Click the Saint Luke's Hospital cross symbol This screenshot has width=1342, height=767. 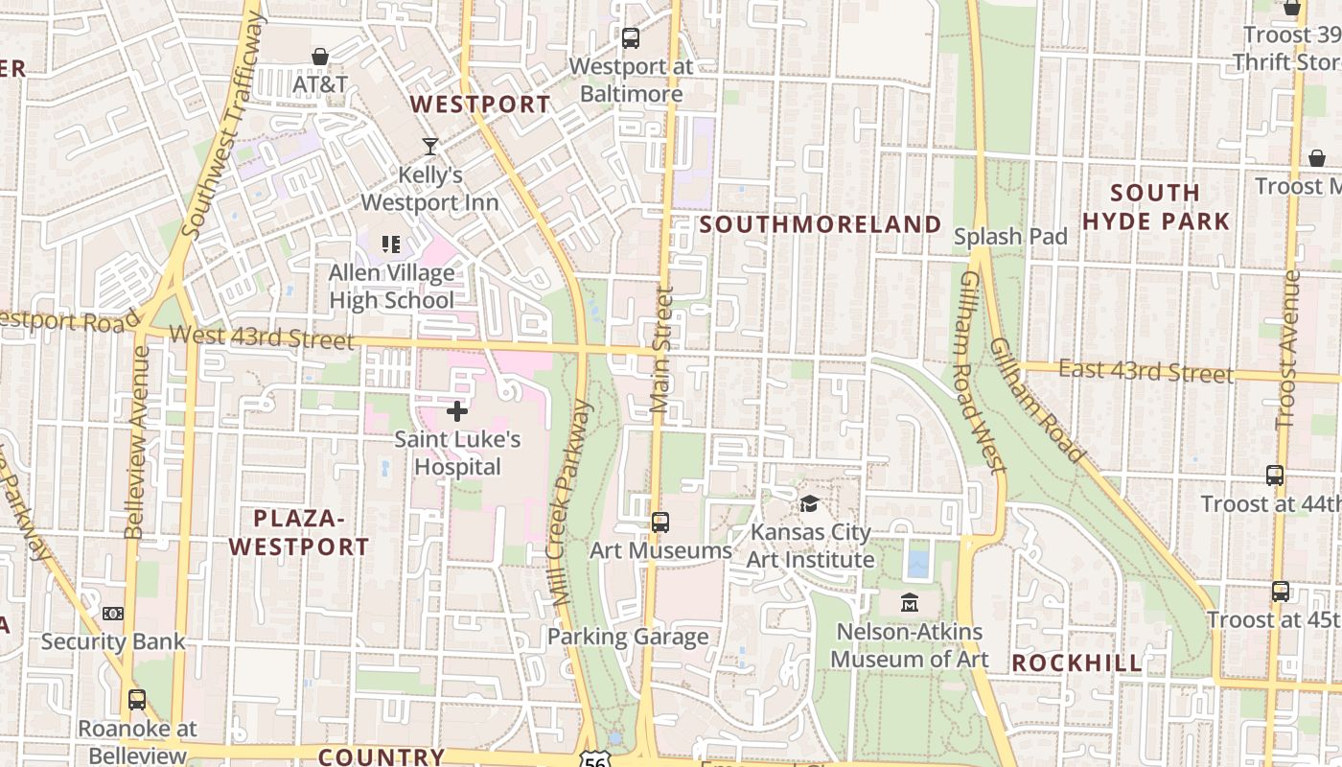coord(457,411)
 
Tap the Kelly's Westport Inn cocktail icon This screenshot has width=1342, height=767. coord(430,147)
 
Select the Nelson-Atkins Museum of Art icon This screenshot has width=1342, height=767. coord(909,603)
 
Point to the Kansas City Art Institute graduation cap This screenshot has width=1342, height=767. coord(810,503)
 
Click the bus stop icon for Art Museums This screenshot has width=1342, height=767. coord(659,523)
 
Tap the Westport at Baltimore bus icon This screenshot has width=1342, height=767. coord(630,38)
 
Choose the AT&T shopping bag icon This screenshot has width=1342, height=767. coord(320,58)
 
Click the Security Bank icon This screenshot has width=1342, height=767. coord(113,614)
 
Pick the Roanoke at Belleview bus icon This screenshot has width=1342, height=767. coord(137,700)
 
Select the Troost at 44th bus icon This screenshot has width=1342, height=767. coord(1274,476)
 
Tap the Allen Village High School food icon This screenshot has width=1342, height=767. coord(390,244)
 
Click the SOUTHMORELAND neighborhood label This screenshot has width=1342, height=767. coord(821,224)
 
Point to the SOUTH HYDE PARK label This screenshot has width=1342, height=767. coord(1155,207)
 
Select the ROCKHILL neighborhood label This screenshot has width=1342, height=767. coord(1076,662)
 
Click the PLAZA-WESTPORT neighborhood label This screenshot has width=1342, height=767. coord(298,533)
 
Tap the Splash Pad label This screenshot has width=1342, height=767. coord(1010,237)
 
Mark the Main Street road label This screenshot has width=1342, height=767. coord(661,349)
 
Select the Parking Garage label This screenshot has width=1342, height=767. coord(628,637)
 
